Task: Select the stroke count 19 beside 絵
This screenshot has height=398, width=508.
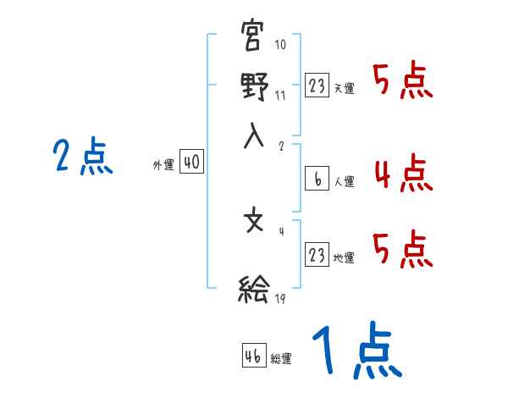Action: pyautogui.click(x=280, y=299)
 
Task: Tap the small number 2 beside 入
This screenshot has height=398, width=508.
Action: pyautogui.click(x=281, y=145)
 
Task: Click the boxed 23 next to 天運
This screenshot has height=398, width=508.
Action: pyautogui.click(x=317, y=85)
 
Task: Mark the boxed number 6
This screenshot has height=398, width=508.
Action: pyautogui.click(x=317, y=179)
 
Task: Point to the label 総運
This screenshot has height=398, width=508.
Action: pyautogui.click(x=281, y=359)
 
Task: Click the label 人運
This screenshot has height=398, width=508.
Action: pyautogui.click(x=345, y=181)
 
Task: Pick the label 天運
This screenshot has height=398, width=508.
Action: pyautogui.click(x=345, y=88)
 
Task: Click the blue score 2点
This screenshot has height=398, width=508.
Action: pyautogui.click(x=82, y=158)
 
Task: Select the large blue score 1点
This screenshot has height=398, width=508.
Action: pyautogui.click(x=356, y=351)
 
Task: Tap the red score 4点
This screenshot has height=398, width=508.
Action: pyautogui.click(x=403, y=174)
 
